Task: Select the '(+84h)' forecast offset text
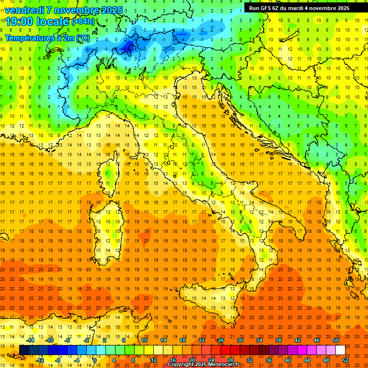(83, 22)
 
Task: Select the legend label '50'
(335, 340)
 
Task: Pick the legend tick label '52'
(345, 360)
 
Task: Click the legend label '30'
(240, 340)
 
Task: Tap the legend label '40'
(287, 360)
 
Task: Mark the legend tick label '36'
(268, 360)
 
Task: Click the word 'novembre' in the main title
(78, 10)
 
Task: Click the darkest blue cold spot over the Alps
(128, 46)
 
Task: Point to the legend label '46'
(316, 340)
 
